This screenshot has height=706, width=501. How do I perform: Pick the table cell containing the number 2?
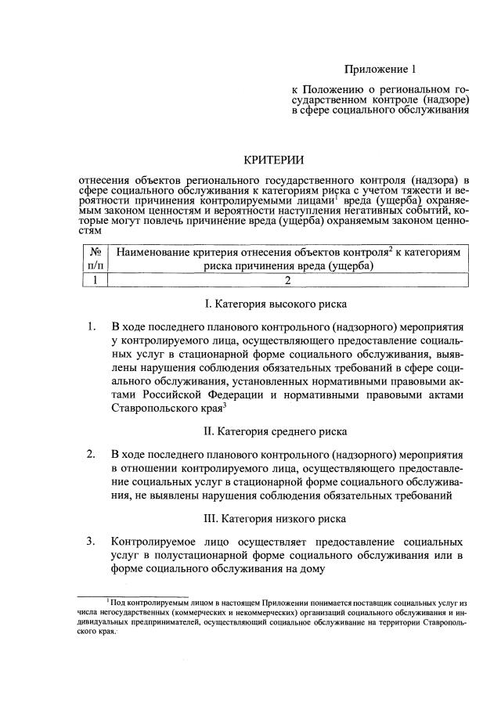pos(287,280)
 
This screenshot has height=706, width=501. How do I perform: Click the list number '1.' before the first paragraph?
pos(92,325)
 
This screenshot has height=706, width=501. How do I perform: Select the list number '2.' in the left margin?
pos(92,453)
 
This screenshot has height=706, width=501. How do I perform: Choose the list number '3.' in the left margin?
pos(92,541)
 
